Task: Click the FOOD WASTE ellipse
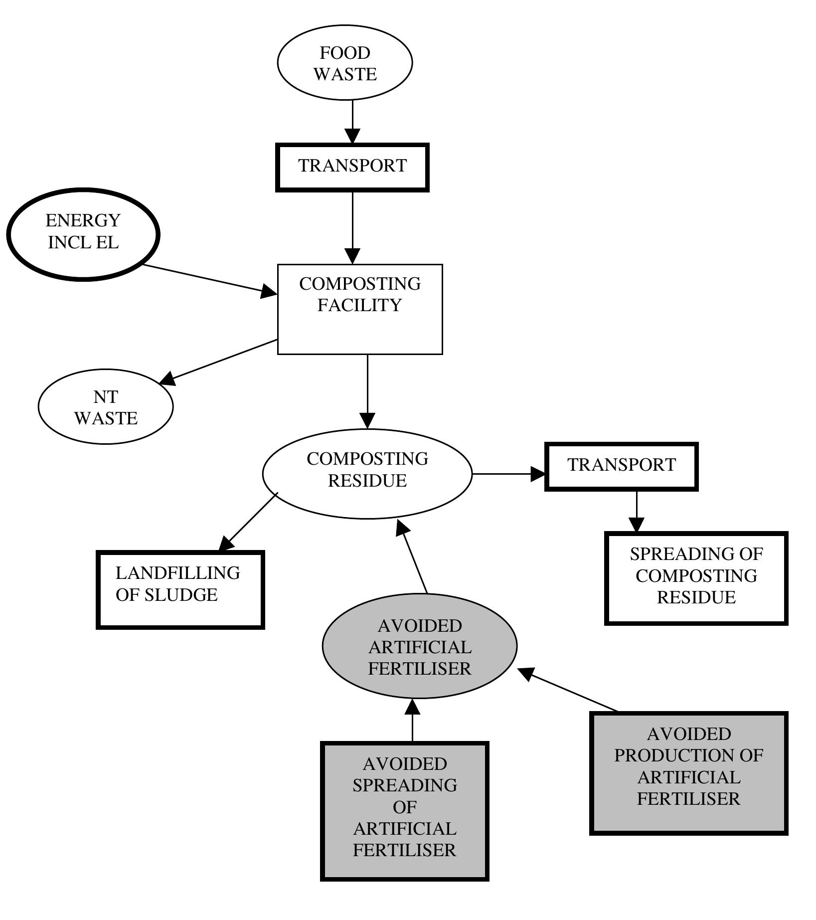[x=345, y=63]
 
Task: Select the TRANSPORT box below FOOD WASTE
[x=352, y=167]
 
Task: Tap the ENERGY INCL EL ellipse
[x=83, y=233]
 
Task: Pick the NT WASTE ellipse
[x=106, y=407]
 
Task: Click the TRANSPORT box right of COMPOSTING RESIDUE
[x=621, y=466]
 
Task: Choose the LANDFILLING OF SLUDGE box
[x=180, y=589]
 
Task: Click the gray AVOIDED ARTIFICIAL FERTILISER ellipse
[x=420, y=647]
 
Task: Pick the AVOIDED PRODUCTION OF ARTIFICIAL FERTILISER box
[x=688, y=772]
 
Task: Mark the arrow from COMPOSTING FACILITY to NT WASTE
[x=219, y=362]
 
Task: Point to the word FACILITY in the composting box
[x=360, y=305]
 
